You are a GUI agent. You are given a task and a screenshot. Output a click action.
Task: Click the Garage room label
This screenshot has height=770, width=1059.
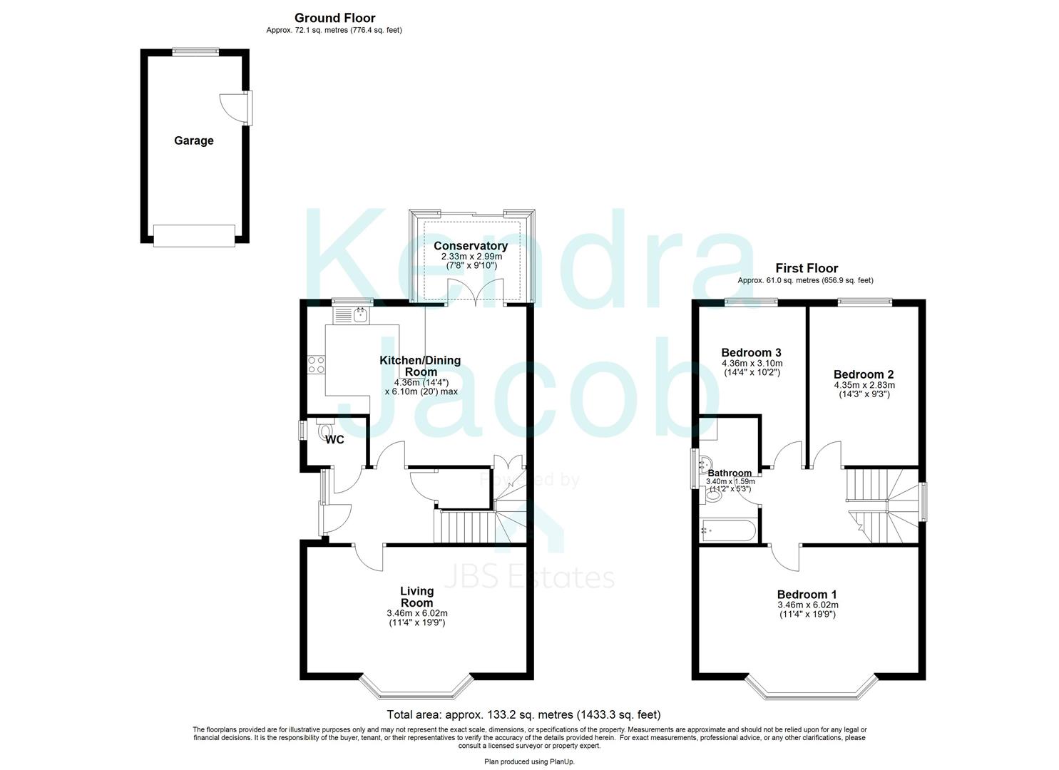(x=193, y=140)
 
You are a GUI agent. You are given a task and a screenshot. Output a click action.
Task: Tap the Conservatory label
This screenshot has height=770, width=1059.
(x=471, y=246)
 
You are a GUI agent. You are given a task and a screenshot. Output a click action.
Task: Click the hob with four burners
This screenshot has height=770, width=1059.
(x=316, y=365)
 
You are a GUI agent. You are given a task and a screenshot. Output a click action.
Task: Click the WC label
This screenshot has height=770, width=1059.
(x=334, y=440)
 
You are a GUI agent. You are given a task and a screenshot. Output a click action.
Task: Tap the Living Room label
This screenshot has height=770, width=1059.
(x=416, y=597)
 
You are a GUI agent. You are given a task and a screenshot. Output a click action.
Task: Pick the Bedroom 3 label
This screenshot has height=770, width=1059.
(x=751, y=352)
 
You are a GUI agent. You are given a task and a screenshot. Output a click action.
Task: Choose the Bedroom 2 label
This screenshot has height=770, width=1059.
(x=864, y=374)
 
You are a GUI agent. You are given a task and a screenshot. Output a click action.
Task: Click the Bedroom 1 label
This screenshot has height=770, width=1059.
(x=807, y=595)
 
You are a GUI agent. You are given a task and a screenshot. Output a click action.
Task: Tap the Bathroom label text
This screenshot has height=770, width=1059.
(x=730, y=473)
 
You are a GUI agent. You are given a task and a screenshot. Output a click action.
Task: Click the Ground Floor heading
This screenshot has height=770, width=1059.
(x=334, y=18)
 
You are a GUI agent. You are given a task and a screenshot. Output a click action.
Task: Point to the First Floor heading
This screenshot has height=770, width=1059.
(x=807, y=268)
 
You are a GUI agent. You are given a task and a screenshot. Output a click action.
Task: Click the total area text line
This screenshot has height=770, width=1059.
(x=523, y=714)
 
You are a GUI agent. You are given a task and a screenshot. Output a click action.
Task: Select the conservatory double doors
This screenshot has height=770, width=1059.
(x=476, y=292)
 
